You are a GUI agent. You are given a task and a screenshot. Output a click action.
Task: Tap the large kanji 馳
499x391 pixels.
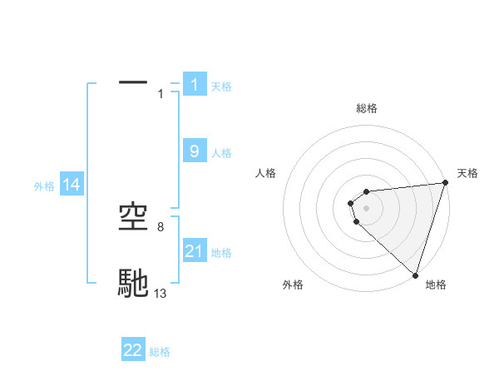coord(133,283)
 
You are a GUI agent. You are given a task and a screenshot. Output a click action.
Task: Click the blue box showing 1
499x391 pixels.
coord(195,84)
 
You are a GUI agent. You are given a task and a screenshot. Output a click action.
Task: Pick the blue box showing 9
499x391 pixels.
coord(195,151)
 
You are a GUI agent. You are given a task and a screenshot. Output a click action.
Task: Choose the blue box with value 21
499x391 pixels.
coord(195,250)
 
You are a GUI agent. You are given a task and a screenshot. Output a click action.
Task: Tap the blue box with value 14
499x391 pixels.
coord(72,185)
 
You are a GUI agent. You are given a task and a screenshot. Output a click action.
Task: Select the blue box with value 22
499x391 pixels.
coord(133,350)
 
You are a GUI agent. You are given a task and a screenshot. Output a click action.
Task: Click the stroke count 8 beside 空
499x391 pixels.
coord(161,226)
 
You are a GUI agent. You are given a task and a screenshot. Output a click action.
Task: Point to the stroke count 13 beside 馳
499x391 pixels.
coord(161,293)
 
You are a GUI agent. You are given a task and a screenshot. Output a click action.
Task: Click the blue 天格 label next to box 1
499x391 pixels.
coord(221,86)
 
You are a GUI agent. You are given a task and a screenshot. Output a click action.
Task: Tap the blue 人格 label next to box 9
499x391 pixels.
coord(221,152)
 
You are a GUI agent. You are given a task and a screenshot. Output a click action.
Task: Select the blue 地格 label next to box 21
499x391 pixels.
coord(221,252)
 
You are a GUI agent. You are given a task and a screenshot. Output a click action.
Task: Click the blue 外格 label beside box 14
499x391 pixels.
coord(44,186)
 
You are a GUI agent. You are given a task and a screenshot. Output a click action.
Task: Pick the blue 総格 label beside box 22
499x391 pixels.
coord(160,352)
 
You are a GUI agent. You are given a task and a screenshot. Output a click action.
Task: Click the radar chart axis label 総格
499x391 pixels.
coord(366,108)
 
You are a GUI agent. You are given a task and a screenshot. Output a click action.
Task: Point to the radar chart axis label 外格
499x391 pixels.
coord(293,285)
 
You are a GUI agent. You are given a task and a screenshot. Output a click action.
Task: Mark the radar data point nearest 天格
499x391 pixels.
coord(445,183)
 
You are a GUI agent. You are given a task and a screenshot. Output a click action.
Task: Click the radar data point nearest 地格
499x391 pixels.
coord(415,275)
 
